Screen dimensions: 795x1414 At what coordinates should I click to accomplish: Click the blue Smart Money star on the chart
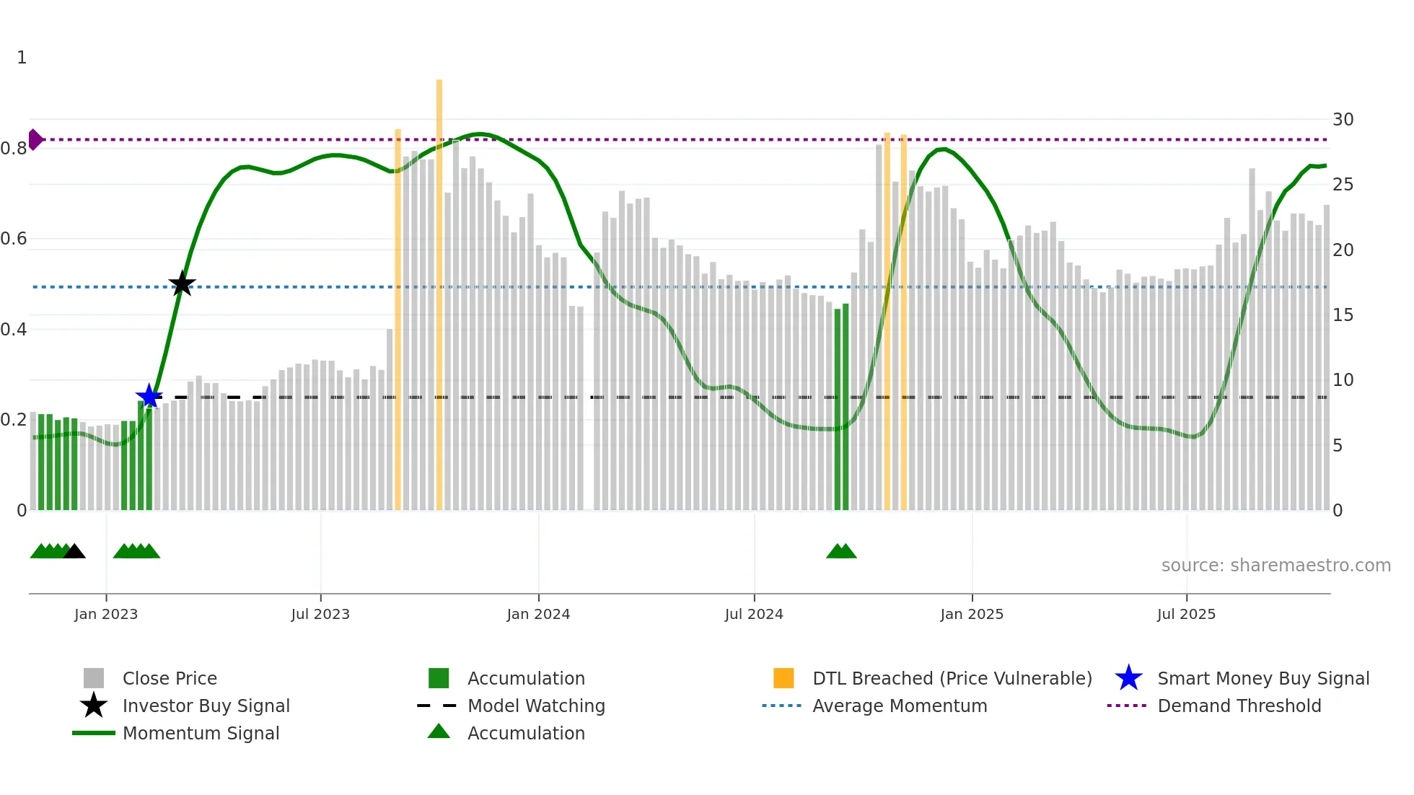(149, 396)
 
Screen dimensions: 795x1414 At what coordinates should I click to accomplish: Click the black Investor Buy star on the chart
(182, 284)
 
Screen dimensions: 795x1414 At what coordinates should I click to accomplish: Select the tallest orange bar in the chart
(439, 289)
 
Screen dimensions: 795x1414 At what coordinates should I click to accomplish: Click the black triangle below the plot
(74, 551)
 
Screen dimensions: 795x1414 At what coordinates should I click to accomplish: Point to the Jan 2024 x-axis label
(538, 614)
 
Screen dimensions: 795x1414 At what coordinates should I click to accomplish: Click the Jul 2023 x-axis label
(320, 614)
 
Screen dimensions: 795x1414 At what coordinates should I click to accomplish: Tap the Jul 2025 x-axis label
(1186, 614)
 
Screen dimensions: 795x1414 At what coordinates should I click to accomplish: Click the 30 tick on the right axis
(1343, 120)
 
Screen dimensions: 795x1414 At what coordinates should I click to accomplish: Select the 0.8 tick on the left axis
(14, 149)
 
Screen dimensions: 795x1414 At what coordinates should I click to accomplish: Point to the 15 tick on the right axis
(1343, 315)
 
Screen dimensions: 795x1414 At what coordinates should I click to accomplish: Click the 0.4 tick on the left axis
(14, 330)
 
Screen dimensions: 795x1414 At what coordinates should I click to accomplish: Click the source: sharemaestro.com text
(1275, 566)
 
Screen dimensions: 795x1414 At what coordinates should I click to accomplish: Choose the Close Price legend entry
(170, 678)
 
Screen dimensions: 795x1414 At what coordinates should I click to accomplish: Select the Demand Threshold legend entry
(1239, 706)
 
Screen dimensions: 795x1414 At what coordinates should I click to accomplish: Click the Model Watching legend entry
(536, 706)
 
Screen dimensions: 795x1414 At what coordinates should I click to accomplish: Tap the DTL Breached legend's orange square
(783, 678)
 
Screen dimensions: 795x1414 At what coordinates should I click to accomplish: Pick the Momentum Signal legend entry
(201, 733)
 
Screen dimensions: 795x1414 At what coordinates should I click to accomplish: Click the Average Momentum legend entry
(900, 706)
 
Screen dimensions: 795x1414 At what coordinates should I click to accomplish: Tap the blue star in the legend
(1128, 678)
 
